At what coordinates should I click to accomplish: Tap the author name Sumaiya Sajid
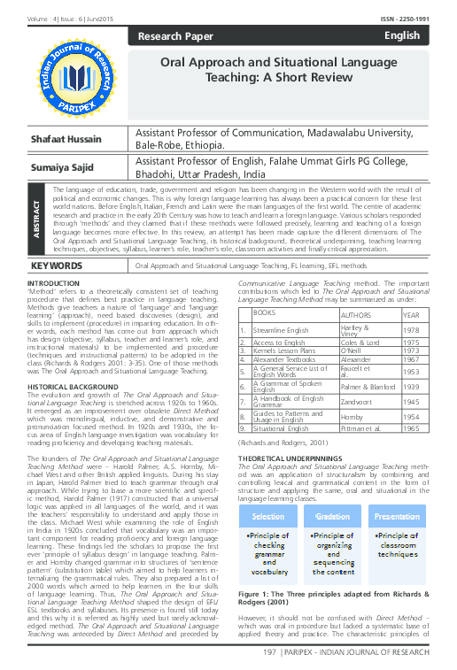click(64, 166)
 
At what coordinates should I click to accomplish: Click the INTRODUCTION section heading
click(55, 258)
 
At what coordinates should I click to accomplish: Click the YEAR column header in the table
click(411, 314)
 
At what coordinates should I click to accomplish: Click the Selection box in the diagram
click(269, 516)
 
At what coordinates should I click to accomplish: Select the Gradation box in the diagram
click(333, 516)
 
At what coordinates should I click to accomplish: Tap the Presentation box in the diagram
click(397, 516)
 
